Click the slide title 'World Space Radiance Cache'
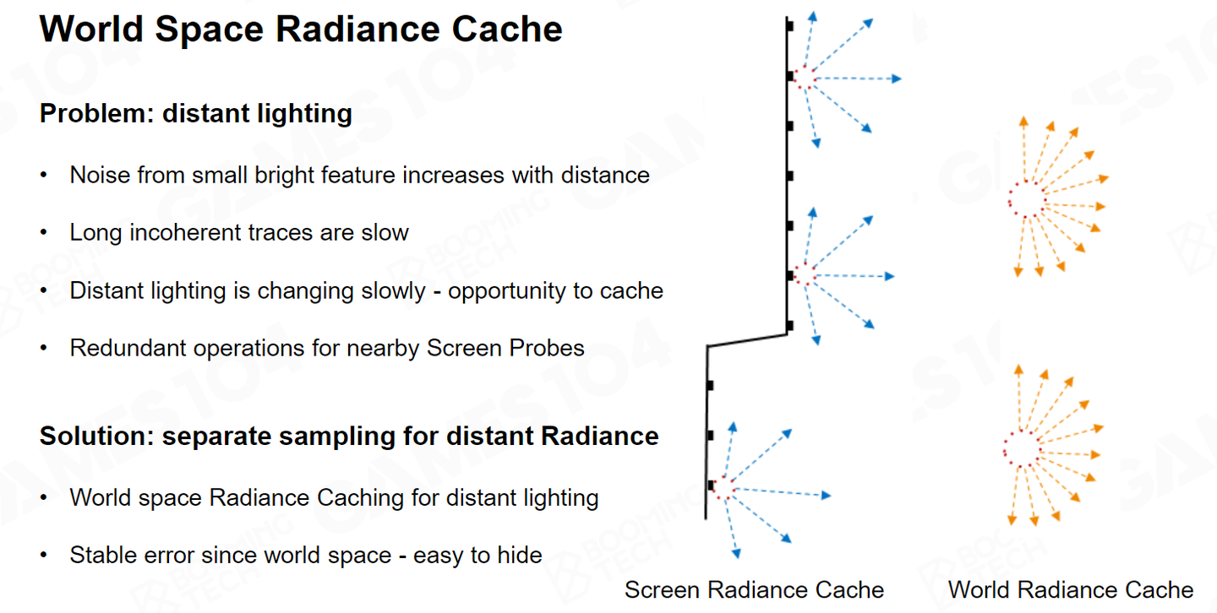(x=301, y=30)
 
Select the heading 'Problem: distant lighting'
(x=195, y=113)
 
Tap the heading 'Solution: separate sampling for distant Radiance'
(x=348, y=436)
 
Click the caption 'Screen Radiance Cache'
(x=754, y=589)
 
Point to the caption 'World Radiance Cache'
(x=1071, y=589)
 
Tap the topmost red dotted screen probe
(x=803, y=78)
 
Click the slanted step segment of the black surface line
(x=747, y=340)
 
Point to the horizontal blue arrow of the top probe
(x=858, y=79)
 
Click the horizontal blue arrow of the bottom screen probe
(x=782, y=492)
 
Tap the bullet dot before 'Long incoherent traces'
(x=44, y=232)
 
